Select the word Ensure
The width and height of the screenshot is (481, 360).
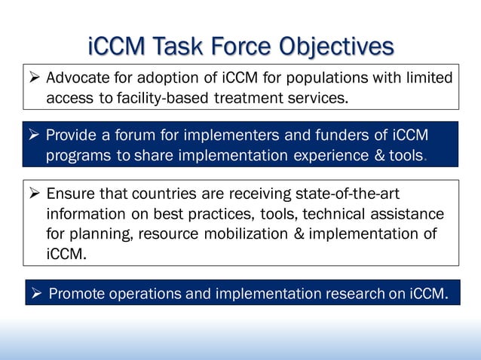tap(72, 195)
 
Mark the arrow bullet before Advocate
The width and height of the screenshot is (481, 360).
tap(34, 78)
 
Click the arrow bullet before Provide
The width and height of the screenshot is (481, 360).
tap(34, 136)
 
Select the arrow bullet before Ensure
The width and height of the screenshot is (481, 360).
tap(34, 195)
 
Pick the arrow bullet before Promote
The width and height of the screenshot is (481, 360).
tap(36, 293)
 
